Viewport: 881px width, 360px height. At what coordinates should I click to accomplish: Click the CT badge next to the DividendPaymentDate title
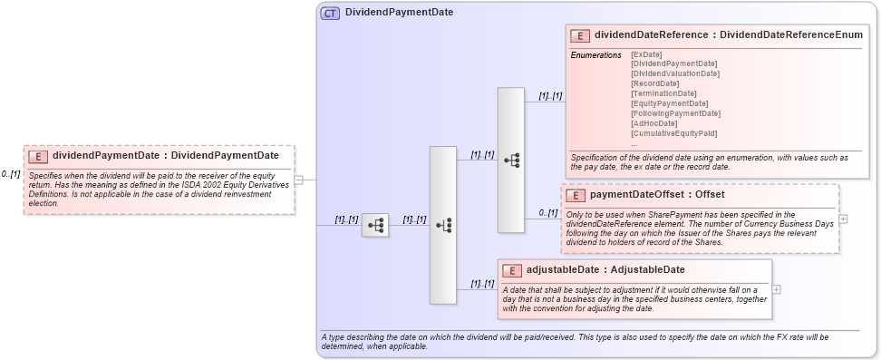click(330, 13)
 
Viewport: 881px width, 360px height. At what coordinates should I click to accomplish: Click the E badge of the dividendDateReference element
click(580, 35)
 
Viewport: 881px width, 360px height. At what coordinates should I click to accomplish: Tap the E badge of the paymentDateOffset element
click(575, 195)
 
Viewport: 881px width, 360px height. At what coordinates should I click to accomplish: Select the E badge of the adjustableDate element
click(511, 270)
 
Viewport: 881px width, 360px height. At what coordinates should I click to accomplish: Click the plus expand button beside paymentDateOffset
click(844, 219)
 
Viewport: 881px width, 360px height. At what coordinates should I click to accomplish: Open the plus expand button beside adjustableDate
click(776, 289)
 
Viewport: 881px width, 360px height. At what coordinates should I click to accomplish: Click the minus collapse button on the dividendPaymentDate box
click(298, 179)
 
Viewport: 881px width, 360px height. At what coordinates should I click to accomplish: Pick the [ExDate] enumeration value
click(645, 54)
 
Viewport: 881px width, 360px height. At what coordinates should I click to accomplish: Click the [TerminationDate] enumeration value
click(663, 93)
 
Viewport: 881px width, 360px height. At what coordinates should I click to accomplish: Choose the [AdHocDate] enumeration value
click(653, 123)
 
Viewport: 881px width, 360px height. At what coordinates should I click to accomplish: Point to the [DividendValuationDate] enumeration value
click(674, 73)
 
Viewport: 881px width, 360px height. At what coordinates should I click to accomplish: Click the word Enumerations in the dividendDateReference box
click(595, 55)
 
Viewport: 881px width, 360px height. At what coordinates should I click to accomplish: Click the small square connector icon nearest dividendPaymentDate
click(375, 225)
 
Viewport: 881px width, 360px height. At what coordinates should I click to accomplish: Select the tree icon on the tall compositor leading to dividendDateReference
click(511, 161)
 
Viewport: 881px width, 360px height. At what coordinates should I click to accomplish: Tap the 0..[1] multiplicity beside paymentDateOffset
click(547, 212)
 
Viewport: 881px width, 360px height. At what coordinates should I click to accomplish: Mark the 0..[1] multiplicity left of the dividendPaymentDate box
click(10, 173)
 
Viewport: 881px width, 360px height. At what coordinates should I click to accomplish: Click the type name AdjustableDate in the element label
click(647, 269)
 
